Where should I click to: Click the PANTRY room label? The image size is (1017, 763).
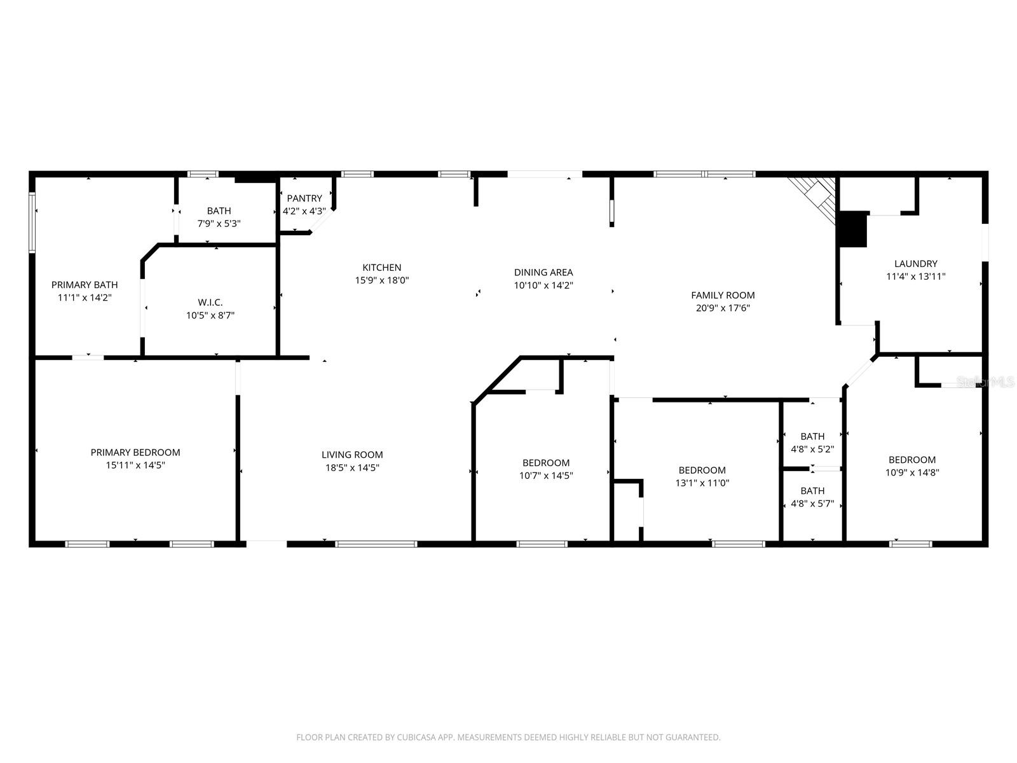pos(304,198)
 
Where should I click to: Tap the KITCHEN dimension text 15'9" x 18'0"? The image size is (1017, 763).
pos(381,280)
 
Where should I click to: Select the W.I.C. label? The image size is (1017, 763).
pos(210,303)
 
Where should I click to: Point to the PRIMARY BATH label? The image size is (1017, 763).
pos(85,285)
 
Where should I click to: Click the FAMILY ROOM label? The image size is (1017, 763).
pos(723,295)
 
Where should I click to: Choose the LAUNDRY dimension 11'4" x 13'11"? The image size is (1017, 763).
pos(916,277)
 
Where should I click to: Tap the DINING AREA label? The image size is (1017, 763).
pos(543,273)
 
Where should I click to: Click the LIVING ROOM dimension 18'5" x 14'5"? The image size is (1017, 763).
pos(352,467)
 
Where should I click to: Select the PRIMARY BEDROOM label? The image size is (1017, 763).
pos(135,453)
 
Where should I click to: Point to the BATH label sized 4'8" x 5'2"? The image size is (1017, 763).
pos(812,436)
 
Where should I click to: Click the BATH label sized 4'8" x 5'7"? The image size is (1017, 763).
pos(812,491)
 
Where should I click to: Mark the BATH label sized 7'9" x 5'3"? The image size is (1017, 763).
pos(219,211)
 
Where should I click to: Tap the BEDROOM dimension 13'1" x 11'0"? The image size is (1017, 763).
pos(702,483)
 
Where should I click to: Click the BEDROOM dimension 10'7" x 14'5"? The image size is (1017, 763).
pos(546,475)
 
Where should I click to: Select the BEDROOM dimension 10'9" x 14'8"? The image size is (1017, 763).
pos(912,472)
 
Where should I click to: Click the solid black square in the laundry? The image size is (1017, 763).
pos(853,230)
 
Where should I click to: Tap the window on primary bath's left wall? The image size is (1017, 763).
pos(32,223)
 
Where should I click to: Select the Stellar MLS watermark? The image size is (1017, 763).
pos(985,382)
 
